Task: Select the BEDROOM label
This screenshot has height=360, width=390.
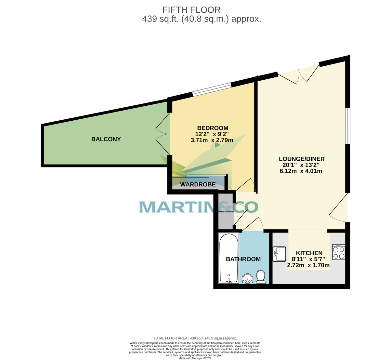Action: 213,128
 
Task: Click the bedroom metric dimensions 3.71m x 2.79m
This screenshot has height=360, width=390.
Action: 212,140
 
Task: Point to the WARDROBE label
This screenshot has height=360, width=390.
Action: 198,185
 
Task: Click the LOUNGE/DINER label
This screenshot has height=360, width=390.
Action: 302,159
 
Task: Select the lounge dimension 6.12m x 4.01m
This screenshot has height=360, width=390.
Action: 301,171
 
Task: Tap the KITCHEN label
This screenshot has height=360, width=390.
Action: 309,253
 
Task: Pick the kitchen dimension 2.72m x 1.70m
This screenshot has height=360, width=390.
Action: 308,265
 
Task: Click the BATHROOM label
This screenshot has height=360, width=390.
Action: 243,259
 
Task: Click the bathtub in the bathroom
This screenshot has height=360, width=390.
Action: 229,258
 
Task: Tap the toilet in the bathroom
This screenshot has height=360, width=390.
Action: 261,276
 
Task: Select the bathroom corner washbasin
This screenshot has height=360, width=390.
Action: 248,278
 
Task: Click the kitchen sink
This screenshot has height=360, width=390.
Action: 279,254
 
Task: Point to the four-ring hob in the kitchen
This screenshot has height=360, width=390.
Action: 338,252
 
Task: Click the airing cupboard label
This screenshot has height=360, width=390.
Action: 226,212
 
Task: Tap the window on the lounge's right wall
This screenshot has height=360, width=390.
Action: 348,126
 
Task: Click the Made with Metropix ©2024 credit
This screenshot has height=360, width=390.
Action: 195,358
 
